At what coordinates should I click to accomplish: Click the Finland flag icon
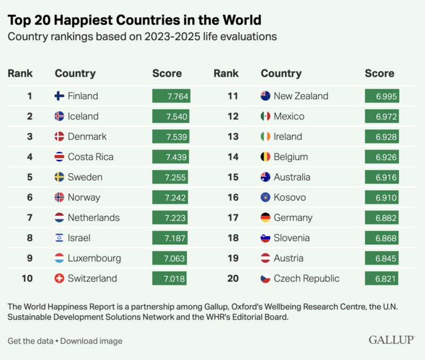(59, 96)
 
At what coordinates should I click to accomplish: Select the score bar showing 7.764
(171, 96)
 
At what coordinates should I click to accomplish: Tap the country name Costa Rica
(90, 157)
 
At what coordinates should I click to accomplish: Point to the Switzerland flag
(59, 278)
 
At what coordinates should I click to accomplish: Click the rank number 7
(30, 217)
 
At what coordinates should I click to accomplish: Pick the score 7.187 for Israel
(171, 238)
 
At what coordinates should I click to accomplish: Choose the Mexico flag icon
(266, 116)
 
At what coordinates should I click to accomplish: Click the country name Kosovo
(290, 197)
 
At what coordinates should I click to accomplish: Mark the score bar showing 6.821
(381, 278)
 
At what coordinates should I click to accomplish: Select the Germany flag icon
(266, 217)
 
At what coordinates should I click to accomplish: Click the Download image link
(91, 341)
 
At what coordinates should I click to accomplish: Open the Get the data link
(30, 341)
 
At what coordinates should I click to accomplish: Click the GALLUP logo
(392, 340)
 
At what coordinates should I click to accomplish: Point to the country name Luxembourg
(95, 258)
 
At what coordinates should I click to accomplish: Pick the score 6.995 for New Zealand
(381, 96)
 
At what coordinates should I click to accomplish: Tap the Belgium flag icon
(266, 157)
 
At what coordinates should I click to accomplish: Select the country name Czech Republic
(307, 278)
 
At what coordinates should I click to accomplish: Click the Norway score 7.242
(171, 197)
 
